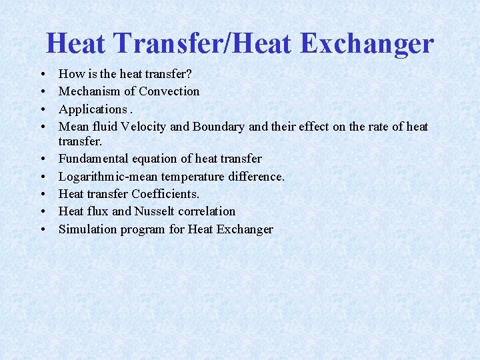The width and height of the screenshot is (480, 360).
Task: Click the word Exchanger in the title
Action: click(x=367, y=44)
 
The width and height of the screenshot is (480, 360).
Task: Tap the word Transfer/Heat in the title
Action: click(x=207, y=44)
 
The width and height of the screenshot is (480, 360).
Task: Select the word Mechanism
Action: click(x=89, y=91)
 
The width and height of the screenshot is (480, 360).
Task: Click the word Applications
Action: click(x=93, y=109)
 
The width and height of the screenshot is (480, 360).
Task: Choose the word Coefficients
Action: click(x=165, y=194)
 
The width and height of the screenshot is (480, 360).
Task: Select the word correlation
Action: click(x=207, y=211)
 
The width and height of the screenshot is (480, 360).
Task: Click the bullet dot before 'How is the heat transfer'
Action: click(x=43, y=74)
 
